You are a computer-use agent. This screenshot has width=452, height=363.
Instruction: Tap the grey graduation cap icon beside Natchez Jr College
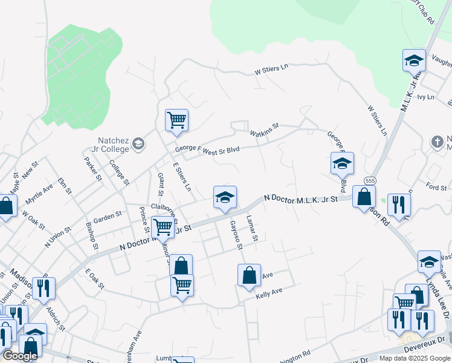(138, 143)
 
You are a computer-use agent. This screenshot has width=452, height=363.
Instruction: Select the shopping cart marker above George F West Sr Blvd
(176, 120)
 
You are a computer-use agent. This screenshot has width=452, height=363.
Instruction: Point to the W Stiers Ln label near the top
(271, 70)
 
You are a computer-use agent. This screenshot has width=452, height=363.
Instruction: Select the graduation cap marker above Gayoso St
(224, 197)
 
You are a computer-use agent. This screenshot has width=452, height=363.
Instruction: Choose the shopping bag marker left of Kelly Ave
(249, 276)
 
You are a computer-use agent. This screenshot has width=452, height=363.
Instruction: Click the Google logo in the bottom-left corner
(20, 356)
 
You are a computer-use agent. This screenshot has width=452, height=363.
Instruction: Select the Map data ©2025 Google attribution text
(414, 358)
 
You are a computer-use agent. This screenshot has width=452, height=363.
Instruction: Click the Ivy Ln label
(425, 97)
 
